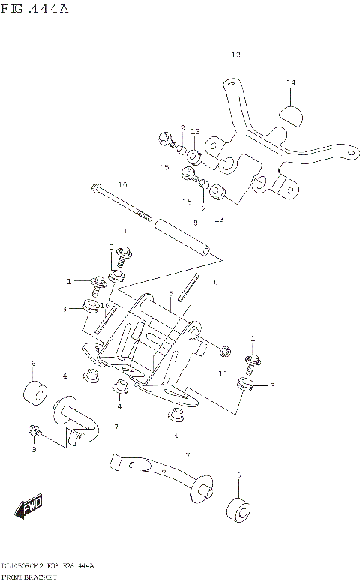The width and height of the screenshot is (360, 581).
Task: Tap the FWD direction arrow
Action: (29, 508)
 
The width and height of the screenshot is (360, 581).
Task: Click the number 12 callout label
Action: (235, 55)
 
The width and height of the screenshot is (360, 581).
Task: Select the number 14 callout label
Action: (291, 82)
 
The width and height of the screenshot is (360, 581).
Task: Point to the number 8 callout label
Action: (195, 223)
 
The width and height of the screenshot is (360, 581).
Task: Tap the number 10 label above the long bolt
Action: (122, 184)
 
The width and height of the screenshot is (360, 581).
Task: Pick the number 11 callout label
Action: (223, 373)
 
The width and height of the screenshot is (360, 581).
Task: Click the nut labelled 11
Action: (223, 352)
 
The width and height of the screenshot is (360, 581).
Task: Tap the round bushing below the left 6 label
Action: (34, 392)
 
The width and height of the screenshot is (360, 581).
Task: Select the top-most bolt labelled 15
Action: (164, 138)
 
